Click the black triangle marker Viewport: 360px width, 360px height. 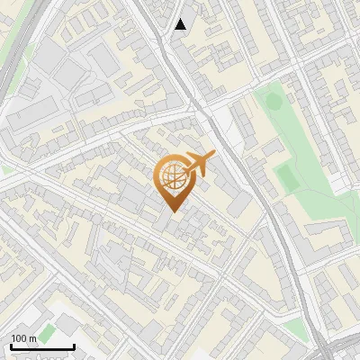coord(181,24)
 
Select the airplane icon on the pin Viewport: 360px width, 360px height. coord(198,165)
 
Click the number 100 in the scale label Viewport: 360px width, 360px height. coord(19,338)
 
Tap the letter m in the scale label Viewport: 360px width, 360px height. coord(32,338)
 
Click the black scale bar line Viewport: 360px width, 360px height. coord(42,346)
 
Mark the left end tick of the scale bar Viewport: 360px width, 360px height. coord(11,345)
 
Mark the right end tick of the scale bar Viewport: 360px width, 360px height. coord(74,345)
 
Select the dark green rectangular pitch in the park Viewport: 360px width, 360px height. coord(287,176)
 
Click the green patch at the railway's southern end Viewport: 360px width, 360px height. coord(322,346)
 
